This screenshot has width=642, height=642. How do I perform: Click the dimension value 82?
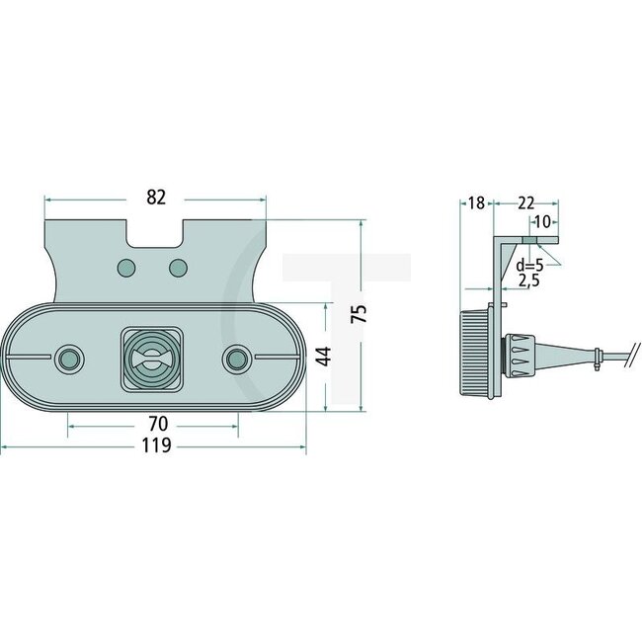tap(155, 198)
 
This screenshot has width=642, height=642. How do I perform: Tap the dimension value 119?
tap(156, 446)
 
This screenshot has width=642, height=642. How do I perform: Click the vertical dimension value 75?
tap(361, 314)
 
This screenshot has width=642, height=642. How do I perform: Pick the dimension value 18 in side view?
tap(476, 203)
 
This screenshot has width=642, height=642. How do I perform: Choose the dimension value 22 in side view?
tap(525, 203)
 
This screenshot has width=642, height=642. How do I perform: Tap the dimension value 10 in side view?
tap(544, 222)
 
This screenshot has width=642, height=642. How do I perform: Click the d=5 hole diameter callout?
tap(529, 266)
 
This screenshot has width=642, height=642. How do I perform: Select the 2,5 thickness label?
tap(528, 282)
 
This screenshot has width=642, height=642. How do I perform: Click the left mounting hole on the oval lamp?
tap(68, 357)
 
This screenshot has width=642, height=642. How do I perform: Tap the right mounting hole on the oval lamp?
tap(238, 357)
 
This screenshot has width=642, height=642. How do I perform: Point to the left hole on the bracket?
tap(125, 268)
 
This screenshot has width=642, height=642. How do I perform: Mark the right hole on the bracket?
tap(179, 268)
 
